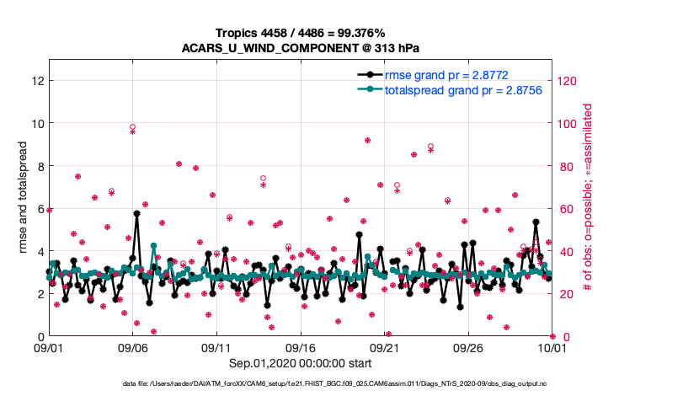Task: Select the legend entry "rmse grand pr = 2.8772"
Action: point(446,75)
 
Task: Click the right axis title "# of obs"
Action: point(587,199)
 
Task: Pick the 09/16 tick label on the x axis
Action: point(301,347)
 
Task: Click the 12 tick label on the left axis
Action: point(36,81)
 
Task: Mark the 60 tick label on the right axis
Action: point(567,209)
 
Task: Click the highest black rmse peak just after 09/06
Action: point(136,213)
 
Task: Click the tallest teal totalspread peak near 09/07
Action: point(153,246)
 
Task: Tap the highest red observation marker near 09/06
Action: point(133,127)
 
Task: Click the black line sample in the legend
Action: point(370,75)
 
